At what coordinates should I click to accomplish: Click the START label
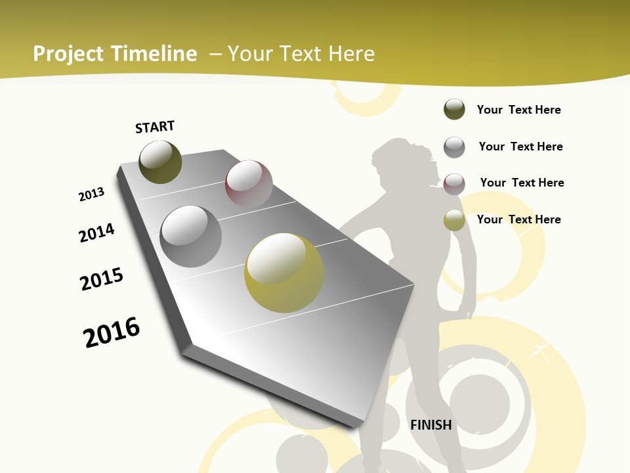click(155, 127)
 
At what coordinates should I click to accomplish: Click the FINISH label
click(431, 425)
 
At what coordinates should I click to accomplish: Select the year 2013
click(92, 194)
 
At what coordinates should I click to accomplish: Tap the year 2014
click(97, 233)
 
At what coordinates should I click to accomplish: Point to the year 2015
click(102, 279)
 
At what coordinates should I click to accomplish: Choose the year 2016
click(112, 332)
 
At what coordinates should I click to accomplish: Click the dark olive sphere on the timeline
click(160, 162)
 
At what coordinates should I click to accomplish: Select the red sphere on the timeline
click(249, 184)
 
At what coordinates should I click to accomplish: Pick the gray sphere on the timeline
click(190, 236)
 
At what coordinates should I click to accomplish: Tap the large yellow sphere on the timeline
click(284, 273)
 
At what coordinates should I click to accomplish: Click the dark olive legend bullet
click(454, 110)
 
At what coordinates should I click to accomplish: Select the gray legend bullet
click(454, 146)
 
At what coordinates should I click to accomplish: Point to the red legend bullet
click(454, 183)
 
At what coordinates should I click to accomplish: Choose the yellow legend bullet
click(454, 220)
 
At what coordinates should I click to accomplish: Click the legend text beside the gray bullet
click(520, 146)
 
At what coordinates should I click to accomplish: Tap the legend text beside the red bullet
click(522, 183)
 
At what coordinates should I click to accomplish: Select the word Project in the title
click(69, 54)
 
